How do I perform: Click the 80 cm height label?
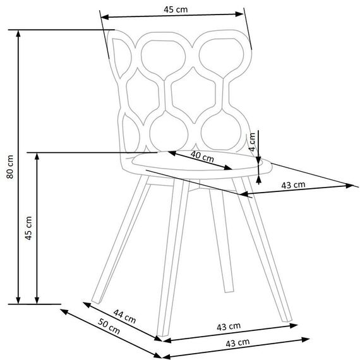[10, 167]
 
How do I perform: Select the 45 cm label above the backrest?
[176, 9]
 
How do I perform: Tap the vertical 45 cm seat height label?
[28, 228]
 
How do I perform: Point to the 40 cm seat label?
[202, 156]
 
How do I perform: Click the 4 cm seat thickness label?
[253, 142]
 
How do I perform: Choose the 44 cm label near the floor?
[124, 316]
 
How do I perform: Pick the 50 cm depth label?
[109, 327]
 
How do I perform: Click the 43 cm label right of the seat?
[294, 185]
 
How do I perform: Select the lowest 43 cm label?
[237, 343]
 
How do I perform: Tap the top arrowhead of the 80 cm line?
[18, 33]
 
